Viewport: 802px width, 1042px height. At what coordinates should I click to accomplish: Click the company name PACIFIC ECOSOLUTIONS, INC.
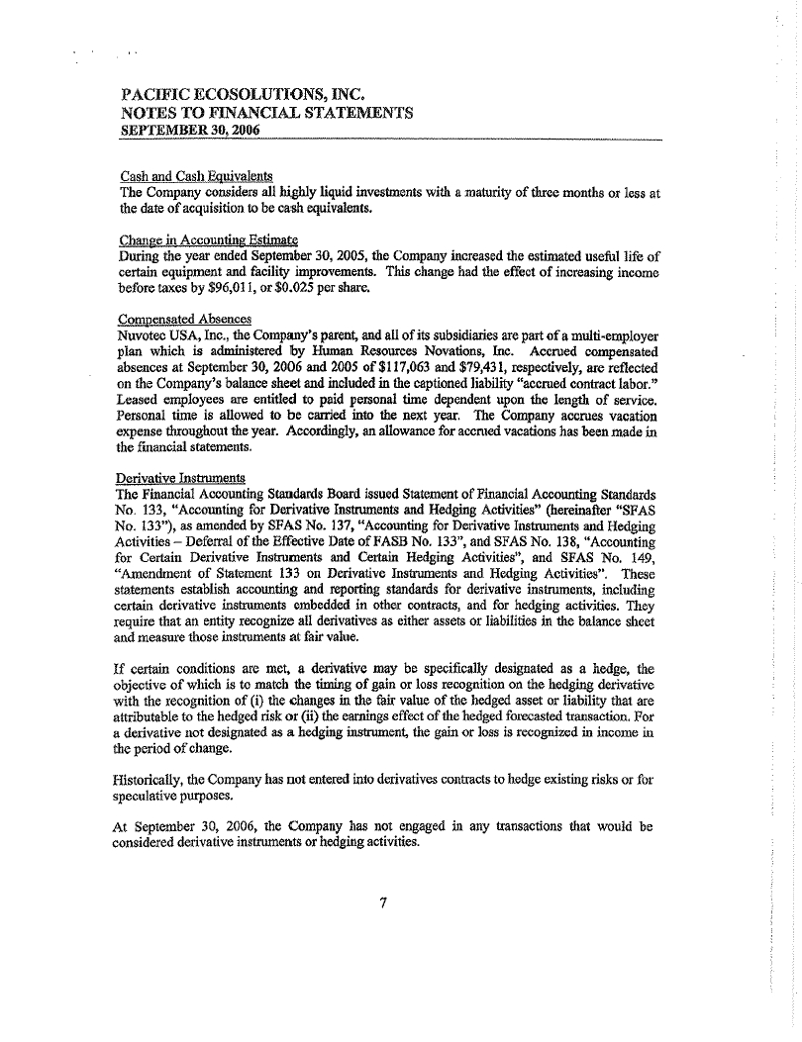coord(243,94)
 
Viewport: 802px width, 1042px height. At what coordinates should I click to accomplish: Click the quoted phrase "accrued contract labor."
coord(559,383)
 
